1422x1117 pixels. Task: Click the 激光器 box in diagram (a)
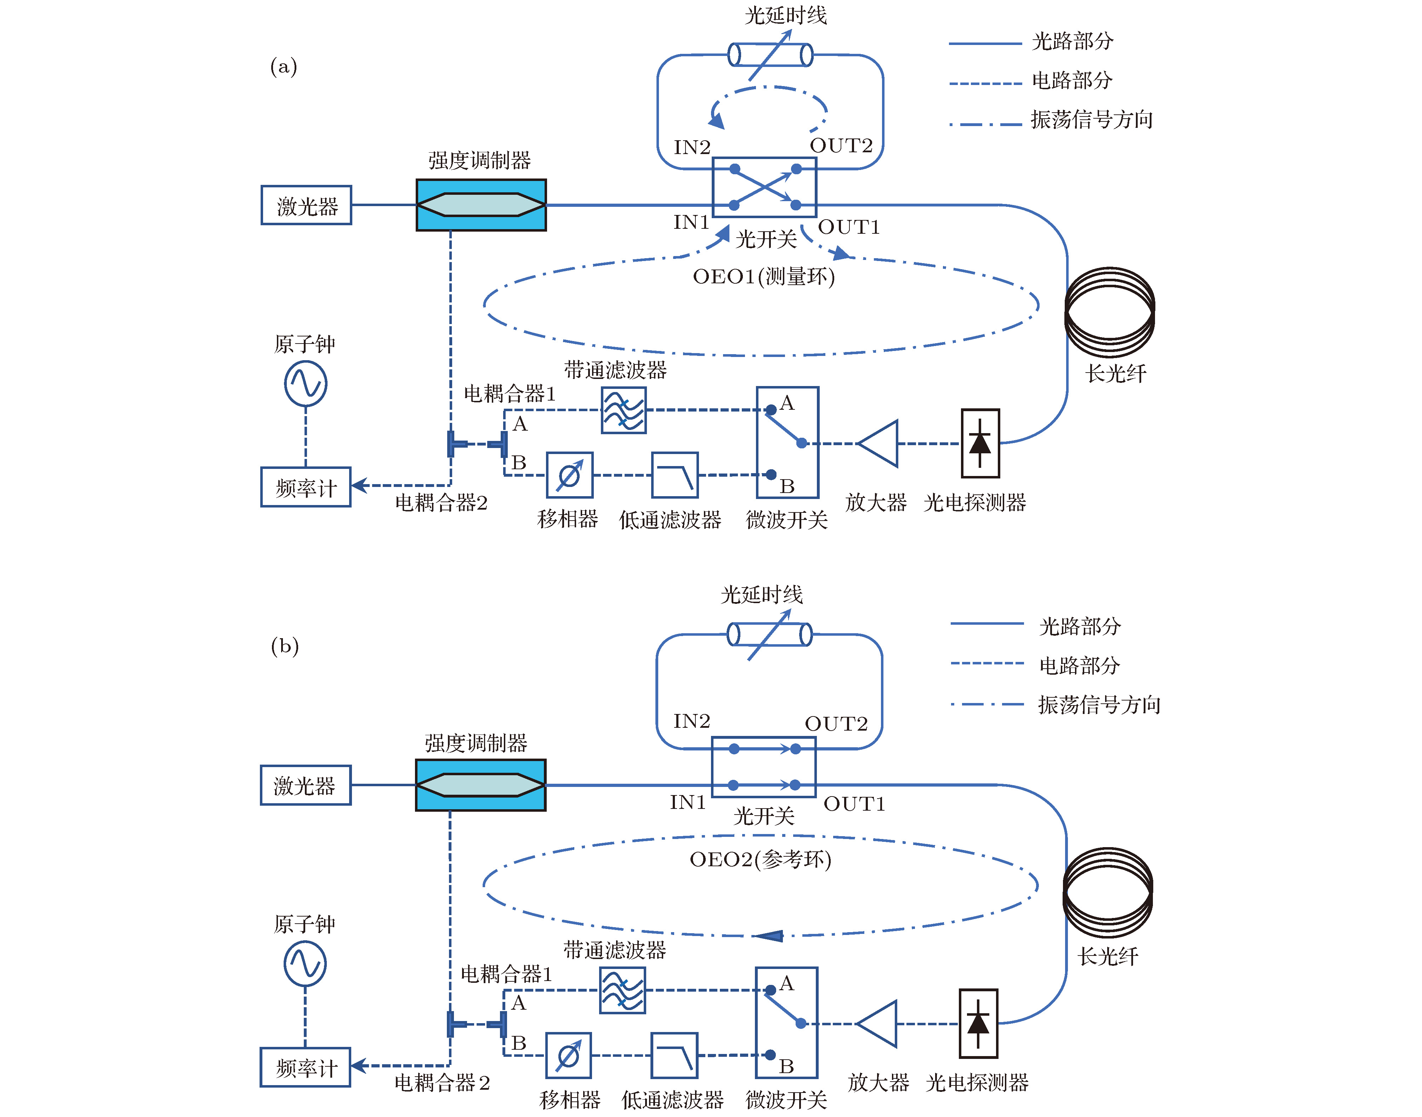pos(306,205)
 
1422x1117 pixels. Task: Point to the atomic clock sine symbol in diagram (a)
pos(305,384)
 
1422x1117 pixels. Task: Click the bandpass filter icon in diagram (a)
pos(624,410)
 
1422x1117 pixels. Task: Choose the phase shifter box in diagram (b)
pos(568,1055)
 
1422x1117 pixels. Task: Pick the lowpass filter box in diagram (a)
pos(675,475)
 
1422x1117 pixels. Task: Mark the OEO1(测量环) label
pos(764,277)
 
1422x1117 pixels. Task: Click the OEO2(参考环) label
pos(760,859)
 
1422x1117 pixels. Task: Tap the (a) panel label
pos(284,67)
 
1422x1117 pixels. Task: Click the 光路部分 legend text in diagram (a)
pos(1072,41)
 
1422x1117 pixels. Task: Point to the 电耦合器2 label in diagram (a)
pos(441,502)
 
